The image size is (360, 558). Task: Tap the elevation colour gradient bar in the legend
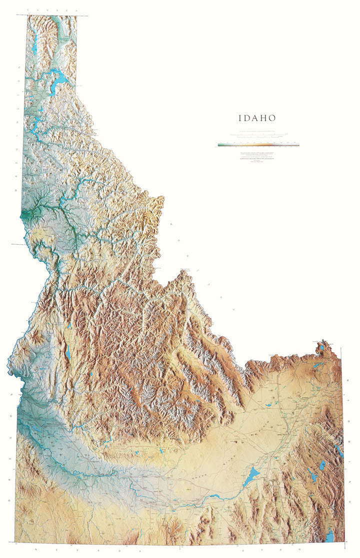[x=258, y=145]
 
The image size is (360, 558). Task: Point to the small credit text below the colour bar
[x=258, y=155]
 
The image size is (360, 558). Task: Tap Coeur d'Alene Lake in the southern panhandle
[x=35, y=123]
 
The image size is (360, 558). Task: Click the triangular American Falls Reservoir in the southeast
[x=251, y=476]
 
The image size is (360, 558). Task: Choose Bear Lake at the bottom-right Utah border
[x=329, y=536]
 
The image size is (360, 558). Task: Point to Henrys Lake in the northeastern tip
[x=322, y=347]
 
